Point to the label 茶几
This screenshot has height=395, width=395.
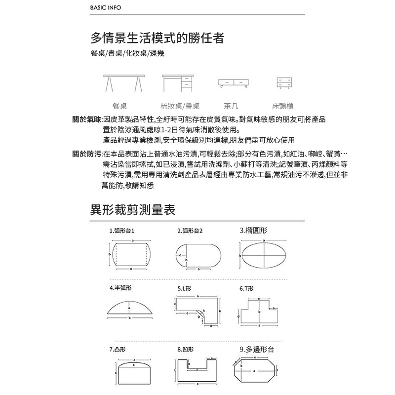coord(231,106)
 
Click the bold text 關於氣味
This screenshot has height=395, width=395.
coord(86,120)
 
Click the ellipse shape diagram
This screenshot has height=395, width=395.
coord(265,255)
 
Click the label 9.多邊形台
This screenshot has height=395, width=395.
coord(256,350)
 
